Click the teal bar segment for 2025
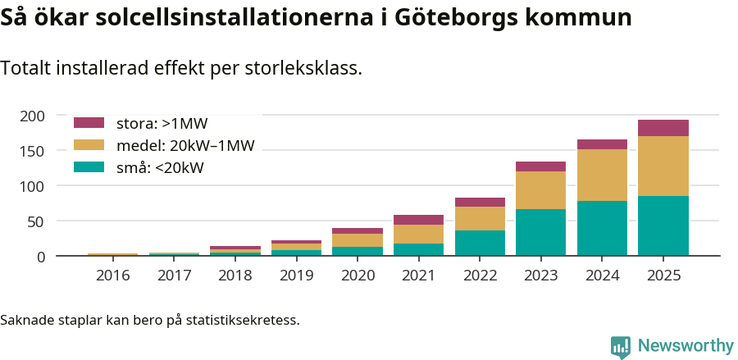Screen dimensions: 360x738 click(663, 226)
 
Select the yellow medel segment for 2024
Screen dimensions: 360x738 click(602, 175)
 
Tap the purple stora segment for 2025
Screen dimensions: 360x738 click(663, 127)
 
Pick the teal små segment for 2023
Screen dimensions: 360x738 click(540, 232)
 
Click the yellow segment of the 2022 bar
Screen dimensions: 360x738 click(480, 218)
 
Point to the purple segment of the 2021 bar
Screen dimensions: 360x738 click(418, 220)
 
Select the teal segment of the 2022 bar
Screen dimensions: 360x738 click(480, 243)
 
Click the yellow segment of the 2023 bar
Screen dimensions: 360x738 click(540, 190)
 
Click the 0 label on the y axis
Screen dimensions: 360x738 click(39, 257)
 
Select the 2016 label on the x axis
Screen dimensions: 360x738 click(113, 276)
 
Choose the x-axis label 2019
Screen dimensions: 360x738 click(296, 276)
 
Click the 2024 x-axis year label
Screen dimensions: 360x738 click(602, 276)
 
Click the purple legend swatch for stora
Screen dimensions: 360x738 click(89, 123)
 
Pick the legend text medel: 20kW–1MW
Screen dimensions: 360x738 click(185, 146)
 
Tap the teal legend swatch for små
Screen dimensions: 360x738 click(89, 167)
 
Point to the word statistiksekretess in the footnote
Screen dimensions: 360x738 click(243, 320)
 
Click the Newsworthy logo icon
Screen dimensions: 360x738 click(621, 346)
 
